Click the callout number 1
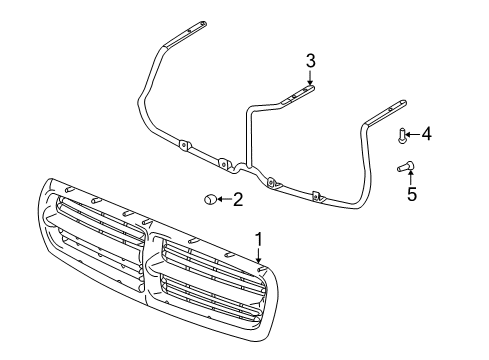(x=258, y=239)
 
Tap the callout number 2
(x=238, y=200)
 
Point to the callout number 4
(x=427, y=133)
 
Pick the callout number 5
(x=411, y=194)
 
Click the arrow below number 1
(x=258, y=258)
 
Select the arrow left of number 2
(x=222, y=200)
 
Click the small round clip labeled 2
(x=209, y=200)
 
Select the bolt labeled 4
(x=401, y=134)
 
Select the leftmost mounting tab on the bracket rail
(x=184, y=145)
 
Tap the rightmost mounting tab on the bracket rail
(x=318, y=197)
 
